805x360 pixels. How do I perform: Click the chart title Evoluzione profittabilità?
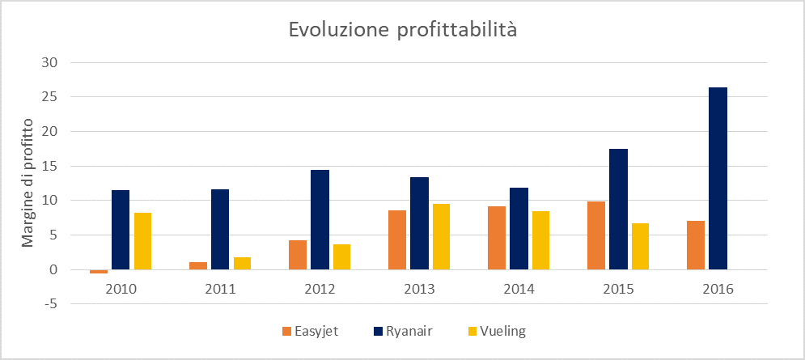[402, 31]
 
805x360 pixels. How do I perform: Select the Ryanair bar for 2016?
[718, 178]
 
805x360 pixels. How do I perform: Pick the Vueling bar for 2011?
[242, 263]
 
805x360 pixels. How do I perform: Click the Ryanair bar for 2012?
[320, 219]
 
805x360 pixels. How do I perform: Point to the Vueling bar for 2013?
[441, 236]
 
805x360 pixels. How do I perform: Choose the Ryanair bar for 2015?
[618, 209]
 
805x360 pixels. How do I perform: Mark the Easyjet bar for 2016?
[696, 245]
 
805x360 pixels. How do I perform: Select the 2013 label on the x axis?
[419, 289]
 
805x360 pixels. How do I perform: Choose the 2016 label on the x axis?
[718, 289]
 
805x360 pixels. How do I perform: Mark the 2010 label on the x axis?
[121, 289]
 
